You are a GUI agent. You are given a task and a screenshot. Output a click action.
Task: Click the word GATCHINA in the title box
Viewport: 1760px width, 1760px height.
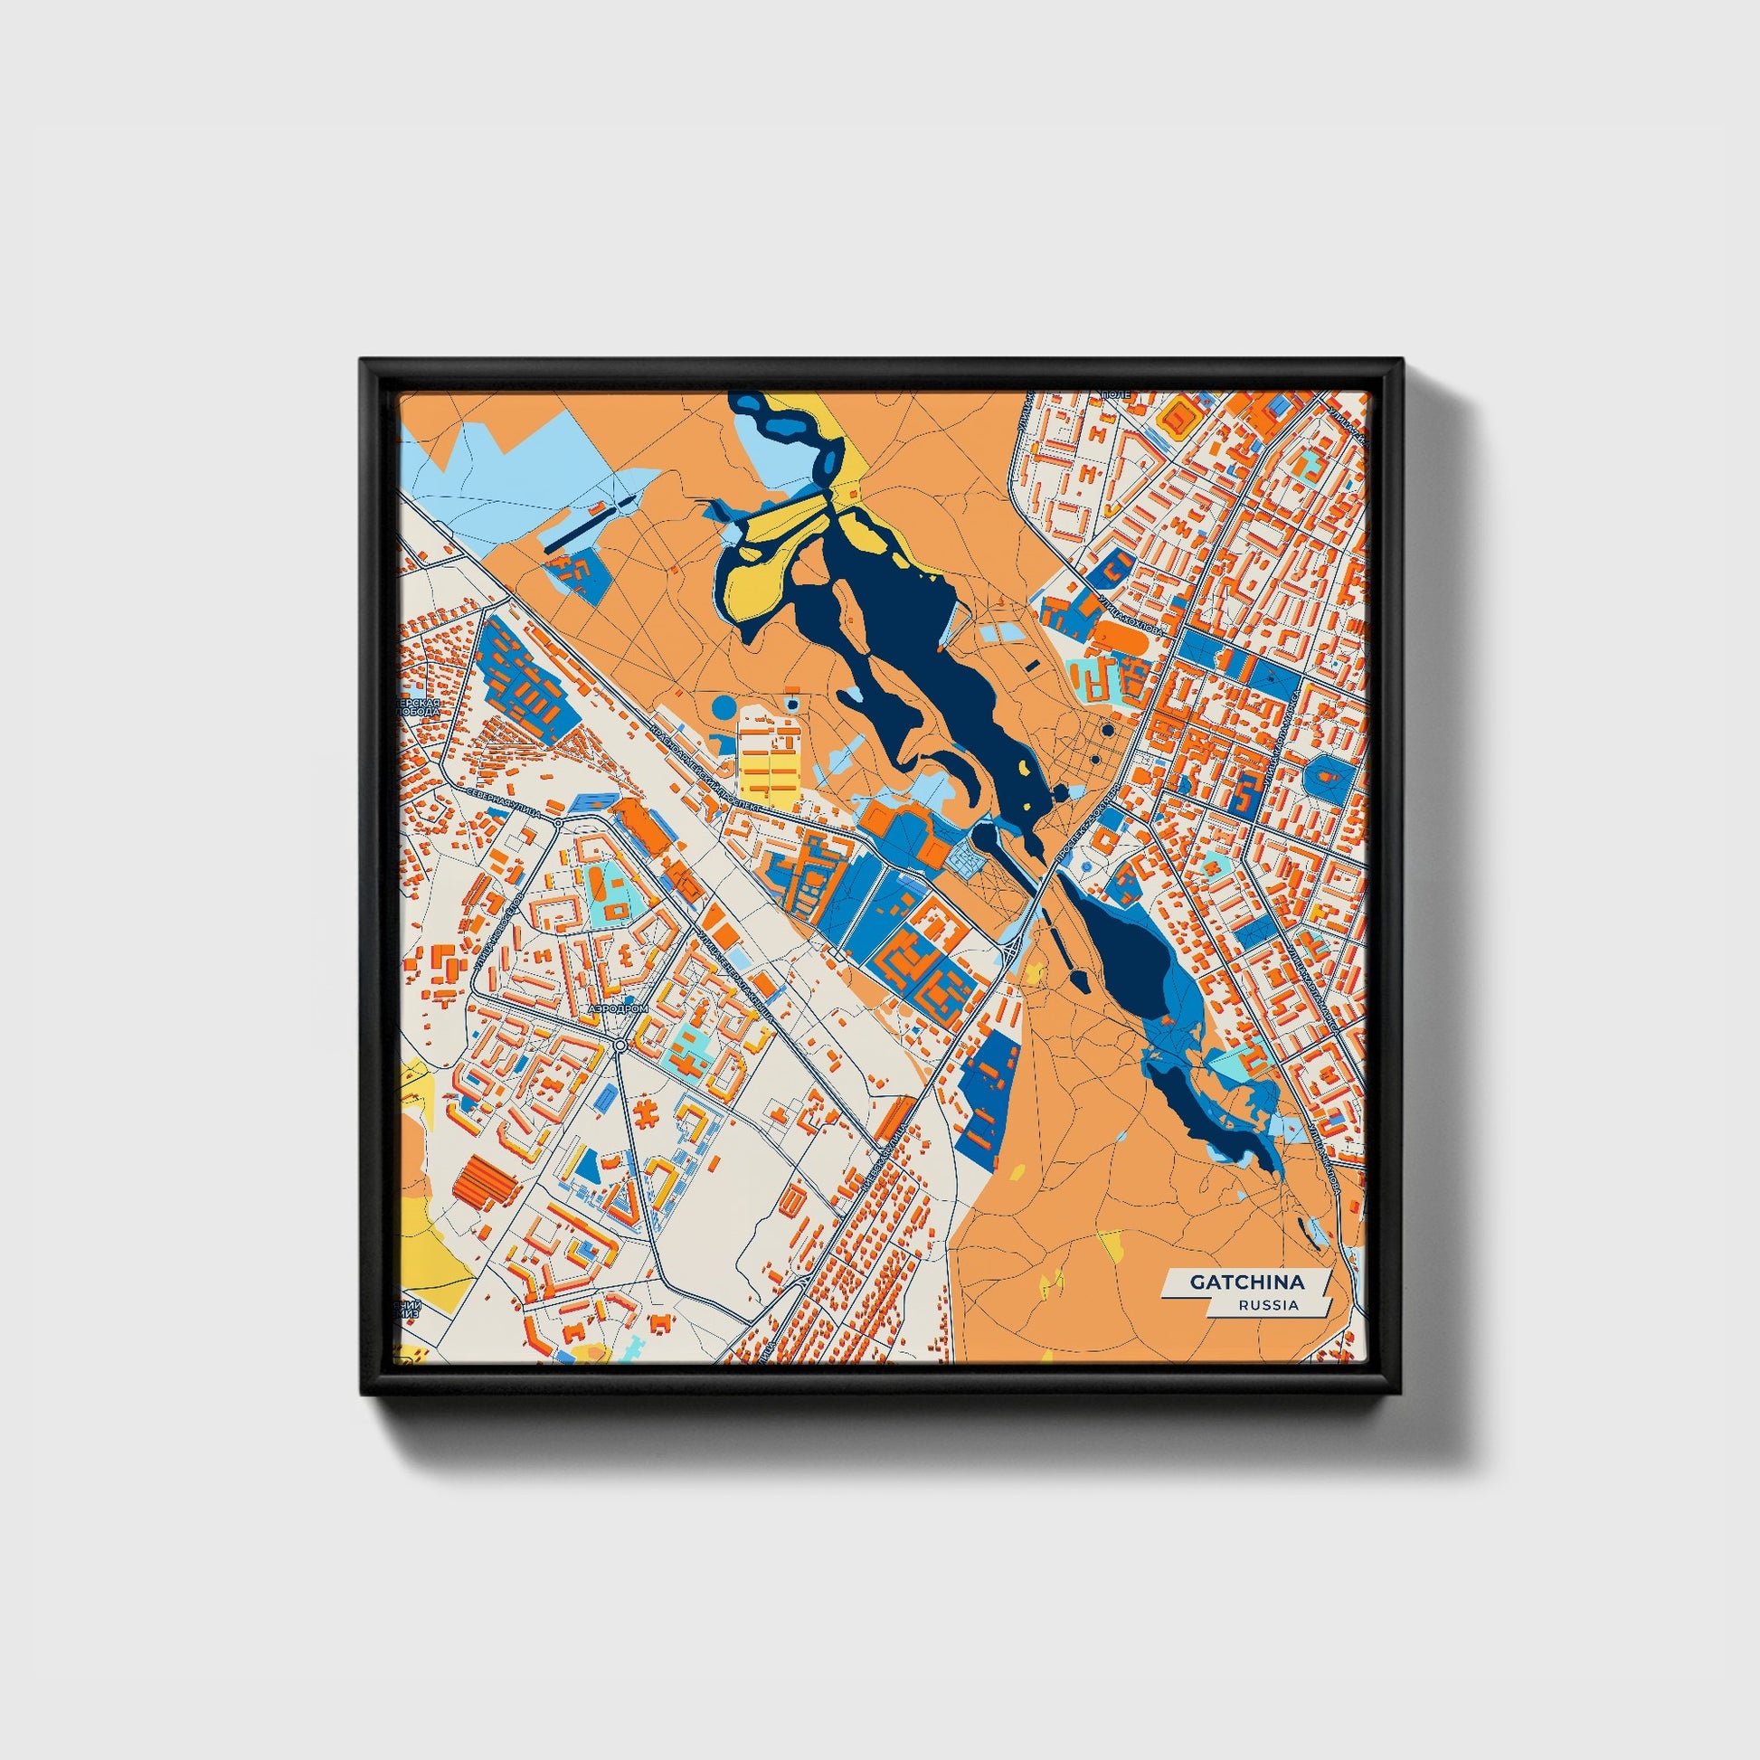point(1245,1282)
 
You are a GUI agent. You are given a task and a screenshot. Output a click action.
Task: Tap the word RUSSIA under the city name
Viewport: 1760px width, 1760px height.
point(1268,1304)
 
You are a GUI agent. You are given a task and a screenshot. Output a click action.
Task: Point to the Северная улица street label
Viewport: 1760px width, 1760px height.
point(504,801)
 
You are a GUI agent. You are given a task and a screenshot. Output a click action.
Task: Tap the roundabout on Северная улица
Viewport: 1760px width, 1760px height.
point(557,823)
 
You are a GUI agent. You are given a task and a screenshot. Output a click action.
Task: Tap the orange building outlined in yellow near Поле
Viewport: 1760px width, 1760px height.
point(1182,417)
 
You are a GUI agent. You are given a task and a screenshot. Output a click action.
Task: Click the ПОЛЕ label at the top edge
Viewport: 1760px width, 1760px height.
point(1116,393)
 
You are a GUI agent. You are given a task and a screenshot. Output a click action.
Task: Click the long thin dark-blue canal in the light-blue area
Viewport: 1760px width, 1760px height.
point(583,526)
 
